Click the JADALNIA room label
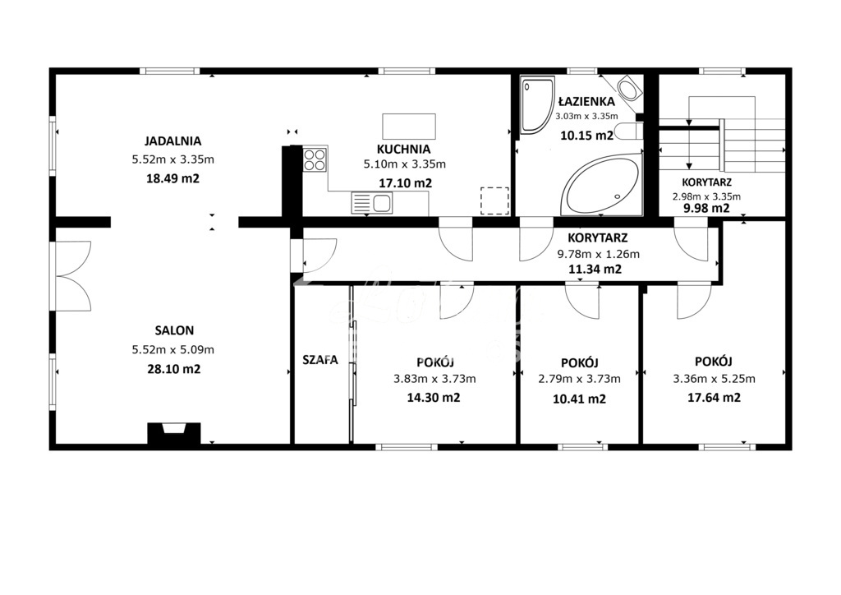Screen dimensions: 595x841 coord(172,141)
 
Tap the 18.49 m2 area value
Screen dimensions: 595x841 coord(172,178)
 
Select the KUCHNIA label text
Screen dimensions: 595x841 coord(403,149)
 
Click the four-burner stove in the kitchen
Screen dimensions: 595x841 coord(315,159)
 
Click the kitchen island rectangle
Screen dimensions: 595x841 coord(409,125)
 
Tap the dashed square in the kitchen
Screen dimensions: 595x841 coord(494,201)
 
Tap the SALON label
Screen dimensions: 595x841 coord(174,330)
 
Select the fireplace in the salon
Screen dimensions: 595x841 coord(172,433)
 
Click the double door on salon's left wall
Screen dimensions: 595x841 coord(72,275)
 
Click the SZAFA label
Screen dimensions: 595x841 coord(320,360)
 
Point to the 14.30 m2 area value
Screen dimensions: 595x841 coord(434,398)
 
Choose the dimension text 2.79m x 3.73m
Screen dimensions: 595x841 coord(579,379)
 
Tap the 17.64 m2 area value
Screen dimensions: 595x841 coord(714,398)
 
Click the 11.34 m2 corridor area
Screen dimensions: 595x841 coord(595,269)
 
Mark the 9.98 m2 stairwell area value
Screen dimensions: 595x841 coord(706,208)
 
